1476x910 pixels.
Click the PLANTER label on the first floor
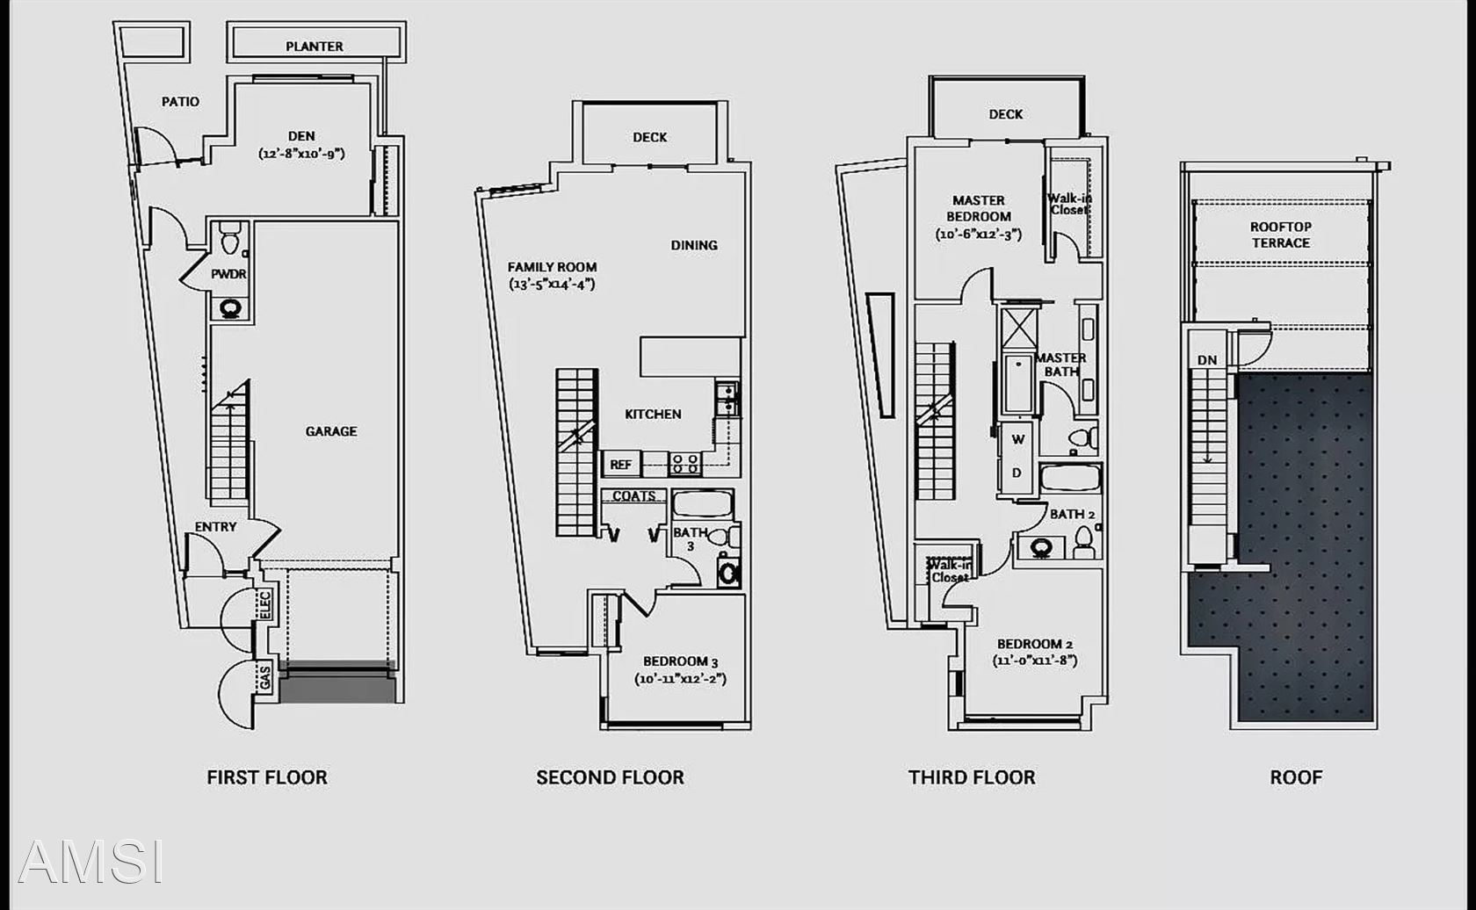click(315, 47)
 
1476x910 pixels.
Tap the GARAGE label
click(330, 431)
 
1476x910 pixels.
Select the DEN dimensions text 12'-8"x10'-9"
click(301, 154)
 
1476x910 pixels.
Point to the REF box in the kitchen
click(620, 465)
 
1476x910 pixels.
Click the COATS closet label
click(634, 496)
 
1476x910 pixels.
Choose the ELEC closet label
click(264, 605)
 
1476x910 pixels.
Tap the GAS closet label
click(264, 677)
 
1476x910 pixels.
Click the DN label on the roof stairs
click(1207, 360)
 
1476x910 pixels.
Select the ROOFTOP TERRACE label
click(1281, 235)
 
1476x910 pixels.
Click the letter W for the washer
click(1018, 439)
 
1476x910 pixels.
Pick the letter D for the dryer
click(1017, 473)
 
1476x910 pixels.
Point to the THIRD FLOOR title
click(972, 777)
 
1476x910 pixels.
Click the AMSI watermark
click(90, 861)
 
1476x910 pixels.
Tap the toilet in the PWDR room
click(229, 238)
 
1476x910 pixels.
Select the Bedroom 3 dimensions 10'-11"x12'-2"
click(680, 679)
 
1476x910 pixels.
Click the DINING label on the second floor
click(694, 245)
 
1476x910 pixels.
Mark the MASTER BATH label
click(1060, 365)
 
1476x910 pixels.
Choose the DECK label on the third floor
click(1005, 114)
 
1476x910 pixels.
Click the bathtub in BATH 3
click(703, 504)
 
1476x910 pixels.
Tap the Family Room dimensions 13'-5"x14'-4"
click(552, 285)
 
